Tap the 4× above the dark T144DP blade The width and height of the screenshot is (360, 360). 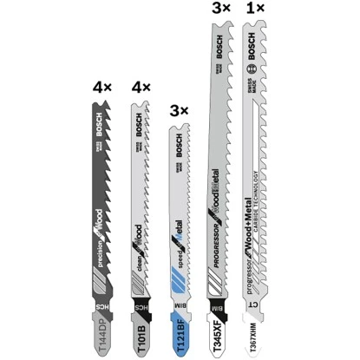[102, 88]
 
